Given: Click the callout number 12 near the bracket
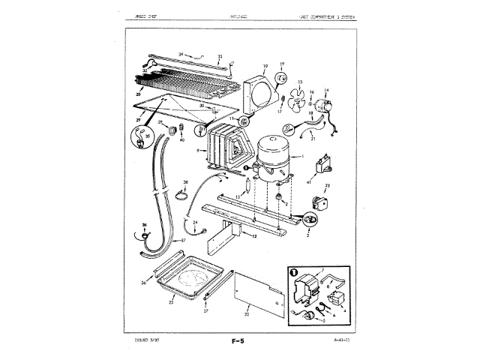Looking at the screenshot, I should click(253, 235).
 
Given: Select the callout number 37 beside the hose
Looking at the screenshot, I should click(182, 241).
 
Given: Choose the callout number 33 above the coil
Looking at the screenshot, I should click(219, 56).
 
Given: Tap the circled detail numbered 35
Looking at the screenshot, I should click(141, 137).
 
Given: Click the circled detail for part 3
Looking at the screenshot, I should click(310, 220).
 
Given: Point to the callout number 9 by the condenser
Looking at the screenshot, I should click(197, 151).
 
